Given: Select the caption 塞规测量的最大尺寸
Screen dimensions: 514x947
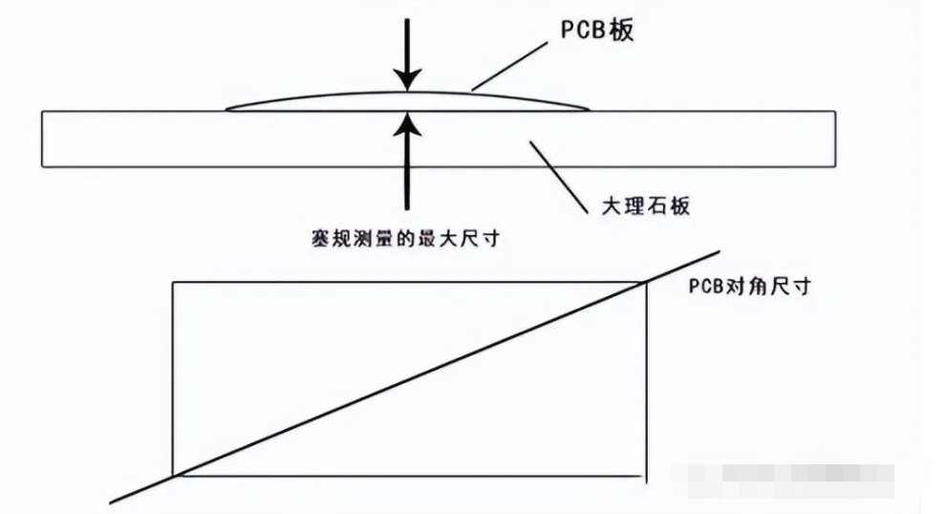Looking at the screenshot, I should click(x=406, y=238).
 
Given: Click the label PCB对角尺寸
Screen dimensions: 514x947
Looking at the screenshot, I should click(x=748, y=286).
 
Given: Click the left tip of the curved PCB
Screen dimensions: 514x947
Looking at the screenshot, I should click(x=226, y=110).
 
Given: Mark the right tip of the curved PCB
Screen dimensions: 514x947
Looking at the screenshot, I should click(x=587, y=110).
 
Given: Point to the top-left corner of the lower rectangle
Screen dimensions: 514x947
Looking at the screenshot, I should click(x=172, y=281).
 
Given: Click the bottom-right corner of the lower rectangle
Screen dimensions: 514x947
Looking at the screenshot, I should click(x=646, y=474).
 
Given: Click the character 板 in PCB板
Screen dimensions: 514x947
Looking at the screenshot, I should click(x=622, y=31).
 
